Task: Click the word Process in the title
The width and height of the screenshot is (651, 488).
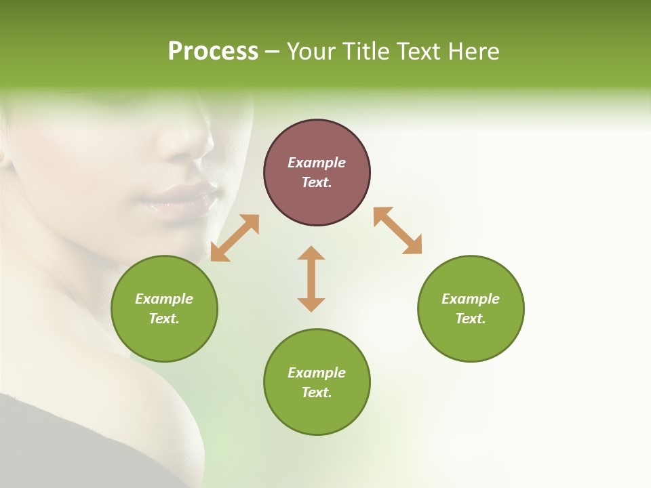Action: click(213, 52)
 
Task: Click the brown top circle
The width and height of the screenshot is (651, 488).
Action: click(317, 173)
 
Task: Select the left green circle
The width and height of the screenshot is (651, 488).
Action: click(164, 308)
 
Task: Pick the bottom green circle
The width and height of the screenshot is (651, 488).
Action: click(317, 382)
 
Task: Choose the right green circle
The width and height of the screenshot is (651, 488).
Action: click(471, 308)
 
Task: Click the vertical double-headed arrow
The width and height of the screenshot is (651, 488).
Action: click(311, 279)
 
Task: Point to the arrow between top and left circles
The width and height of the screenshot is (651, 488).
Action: click(235, 238)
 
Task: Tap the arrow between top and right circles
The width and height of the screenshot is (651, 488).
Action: click(398, 230)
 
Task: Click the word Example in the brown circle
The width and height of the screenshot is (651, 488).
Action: click(317, 163)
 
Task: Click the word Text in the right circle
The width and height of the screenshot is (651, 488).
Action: click(471, 319)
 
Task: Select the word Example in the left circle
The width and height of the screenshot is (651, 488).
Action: click(164, 299)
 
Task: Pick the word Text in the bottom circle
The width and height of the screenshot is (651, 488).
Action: click(317, 392)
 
